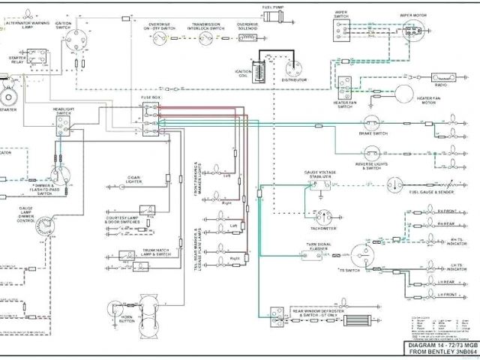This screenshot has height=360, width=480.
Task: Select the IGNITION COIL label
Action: (x=244, y=76)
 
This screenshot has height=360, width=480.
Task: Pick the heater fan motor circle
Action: (x=404, y=94)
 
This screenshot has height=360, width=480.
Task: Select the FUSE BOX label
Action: (x=150, y=97)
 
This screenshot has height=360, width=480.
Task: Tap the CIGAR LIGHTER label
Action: (x=133, y=179)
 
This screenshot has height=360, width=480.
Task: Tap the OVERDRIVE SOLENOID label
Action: (x=249, y=27)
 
